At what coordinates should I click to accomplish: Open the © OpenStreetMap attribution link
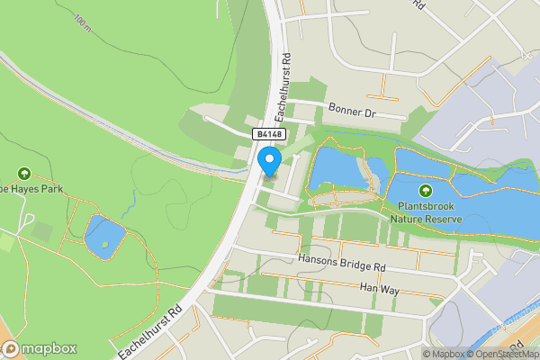coord(501,354)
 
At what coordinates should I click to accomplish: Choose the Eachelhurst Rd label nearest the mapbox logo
coord(148,328)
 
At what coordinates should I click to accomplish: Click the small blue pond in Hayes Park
coord(103,236)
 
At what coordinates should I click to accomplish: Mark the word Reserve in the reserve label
coord(444,219)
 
